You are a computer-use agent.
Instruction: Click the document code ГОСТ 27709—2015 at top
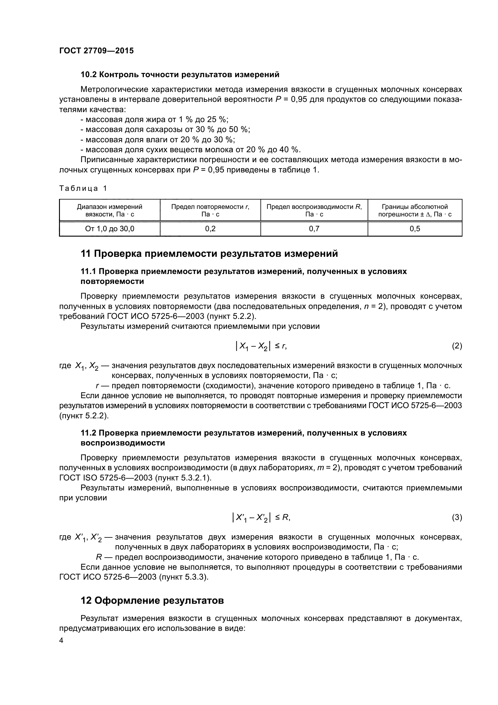pyautogui.click(x=96, y=51)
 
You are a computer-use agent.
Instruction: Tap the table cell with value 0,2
pyautogui.click(x=210, y=229)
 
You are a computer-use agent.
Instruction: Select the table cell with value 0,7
pyautogui.click(x=314, y=229)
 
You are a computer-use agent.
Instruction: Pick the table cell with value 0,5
pyautogui.click(x=415, y=229)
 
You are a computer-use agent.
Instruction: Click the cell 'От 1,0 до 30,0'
pyautogui.click(x=110, y=229)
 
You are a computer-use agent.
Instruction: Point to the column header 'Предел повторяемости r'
pyautogui.click(x=210, y=210)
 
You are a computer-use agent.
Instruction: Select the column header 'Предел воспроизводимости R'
pyautogui.click(x=314, y=210)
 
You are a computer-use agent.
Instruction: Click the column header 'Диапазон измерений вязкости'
pyautogui.click(x=110, y=210)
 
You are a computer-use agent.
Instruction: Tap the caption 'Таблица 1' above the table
pyautogui.click(x=83, y=188)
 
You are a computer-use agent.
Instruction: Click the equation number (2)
pyautogui.click(x=457, y=346)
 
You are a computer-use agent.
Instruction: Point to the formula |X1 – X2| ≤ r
pyautogui.click(x=261, y=346)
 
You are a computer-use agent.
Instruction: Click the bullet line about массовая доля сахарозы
pyautogui.click(x=165, y=130)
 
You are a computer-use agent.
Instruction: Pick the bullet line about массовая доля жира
pyautogui.click(x=154, y=119)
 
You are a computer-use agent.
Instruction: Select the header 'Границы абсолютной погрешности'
pyautogui.click(x=415, y=210)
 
